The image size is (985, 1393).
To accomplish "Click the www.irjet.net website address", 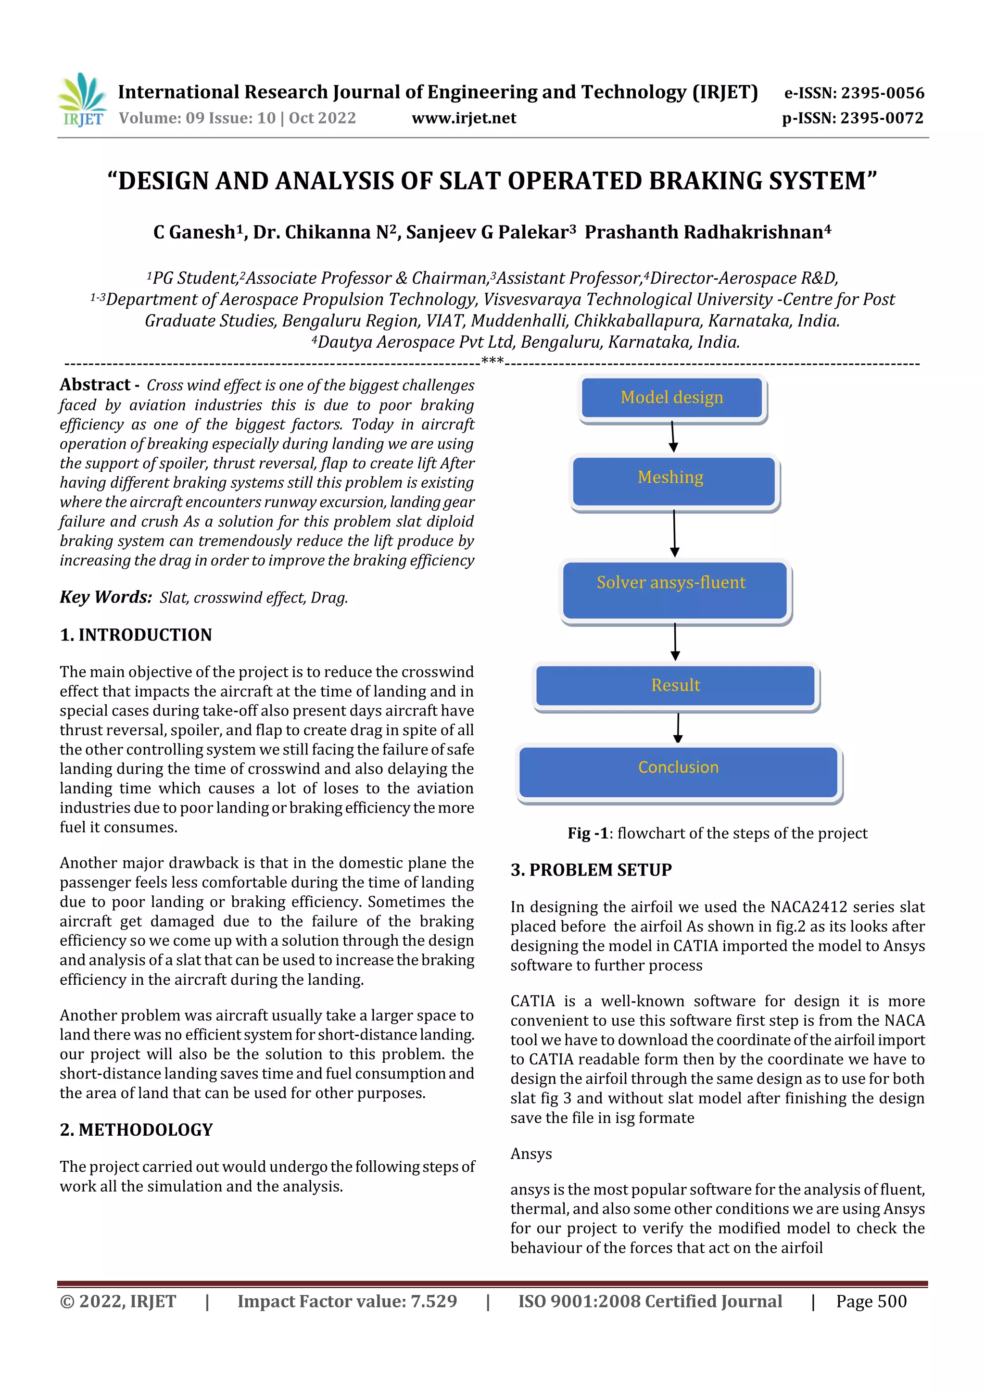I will pos(464,118).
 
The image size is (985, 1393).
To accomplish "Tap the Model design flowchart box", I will pos(672,397).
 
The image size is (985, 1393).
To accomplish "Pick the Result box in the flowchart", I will pos(675,686).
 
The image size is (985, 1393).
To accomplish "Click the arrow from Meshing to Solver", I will pos(674,533).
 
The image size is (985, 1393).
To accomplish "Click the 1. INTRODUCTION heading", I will pos(136,635).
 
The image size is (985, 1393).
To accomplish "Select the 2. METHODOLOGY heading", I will pos(137,1129).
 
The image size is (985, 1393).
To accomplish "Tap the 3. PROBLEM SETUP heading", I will pos(591,869).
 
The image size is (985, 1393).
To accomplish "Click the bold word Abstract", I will pos(95,385).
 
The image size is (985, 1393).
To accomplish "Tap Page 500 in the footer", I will pos(871,1301).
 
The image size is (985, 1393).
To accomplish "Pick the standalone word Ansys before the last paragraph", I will pos(531,1154).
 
